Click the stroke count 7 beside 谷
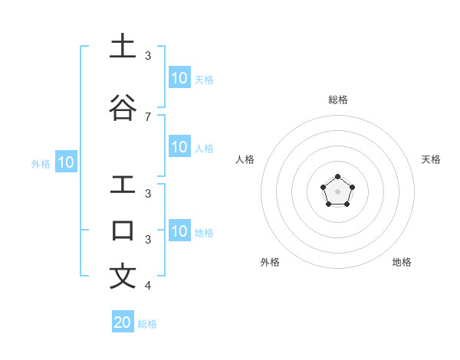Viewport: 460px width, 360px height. click(147, 116)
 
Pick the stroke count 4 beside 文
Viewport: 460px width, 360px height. click(147, 286)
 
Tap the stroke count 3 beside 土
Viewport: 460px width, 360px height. click(147, 55)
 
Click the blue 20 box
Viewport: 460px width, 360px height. click(123, 322)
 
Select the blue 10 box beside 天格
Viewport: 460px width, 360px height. click(179, 78)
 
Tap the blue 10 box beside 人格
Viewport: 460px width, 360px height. click(179, 147)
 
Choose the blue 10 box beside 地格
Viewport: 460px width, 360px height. click(179, 231)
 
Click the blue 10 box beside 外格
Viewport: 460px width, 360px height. click(66, 162)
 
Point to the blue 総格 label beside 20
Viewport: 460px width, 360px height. click(147, 324)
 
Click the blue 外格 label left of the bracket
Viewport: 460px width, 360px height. click(41, 163)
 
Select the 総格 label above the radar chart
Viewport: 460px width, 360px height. click(337, 100)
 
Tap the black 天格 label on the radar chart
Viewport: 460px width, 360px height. click(431, 159)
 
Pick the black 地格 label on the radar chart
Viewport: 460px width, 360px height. click(402, 262)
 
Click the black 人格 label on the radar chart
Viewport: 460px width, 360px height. click(245, 159)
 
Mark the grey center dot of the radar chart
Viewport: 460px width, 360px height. click(337, 191)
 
